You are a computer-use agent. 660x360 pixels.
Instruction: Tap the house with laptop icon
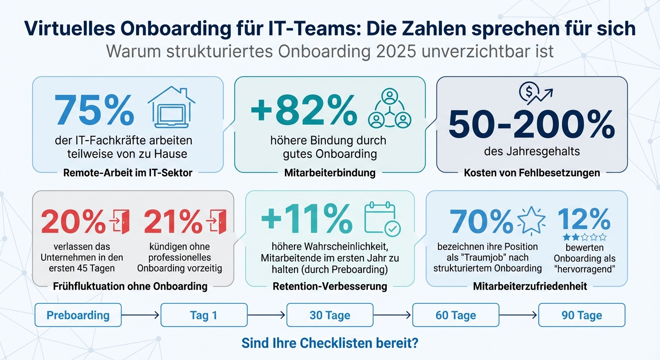tap(171, 107)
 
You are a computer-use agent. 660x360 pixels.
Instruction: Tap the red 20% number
tap(73, 221)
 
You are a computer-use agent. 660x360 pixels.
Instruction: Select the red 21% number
tap(173, 221)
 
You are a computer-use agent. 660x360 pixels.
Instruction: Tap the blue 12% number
tap(584, 218)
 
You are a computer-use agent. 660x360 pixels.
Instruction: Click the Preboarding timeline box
tap(78, 315)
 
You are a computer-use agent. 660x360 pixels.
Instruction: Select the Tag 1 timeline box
tap(203, 315)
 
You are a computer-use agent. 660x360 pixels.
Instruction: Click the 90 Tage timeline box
tap(581, 315)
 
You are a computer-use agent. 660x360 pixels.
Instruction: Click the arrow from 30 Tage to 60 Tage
tap(392, 315)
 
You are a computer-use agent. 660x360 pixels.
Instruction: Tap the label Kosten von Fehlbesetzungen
tap(532, 172)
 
